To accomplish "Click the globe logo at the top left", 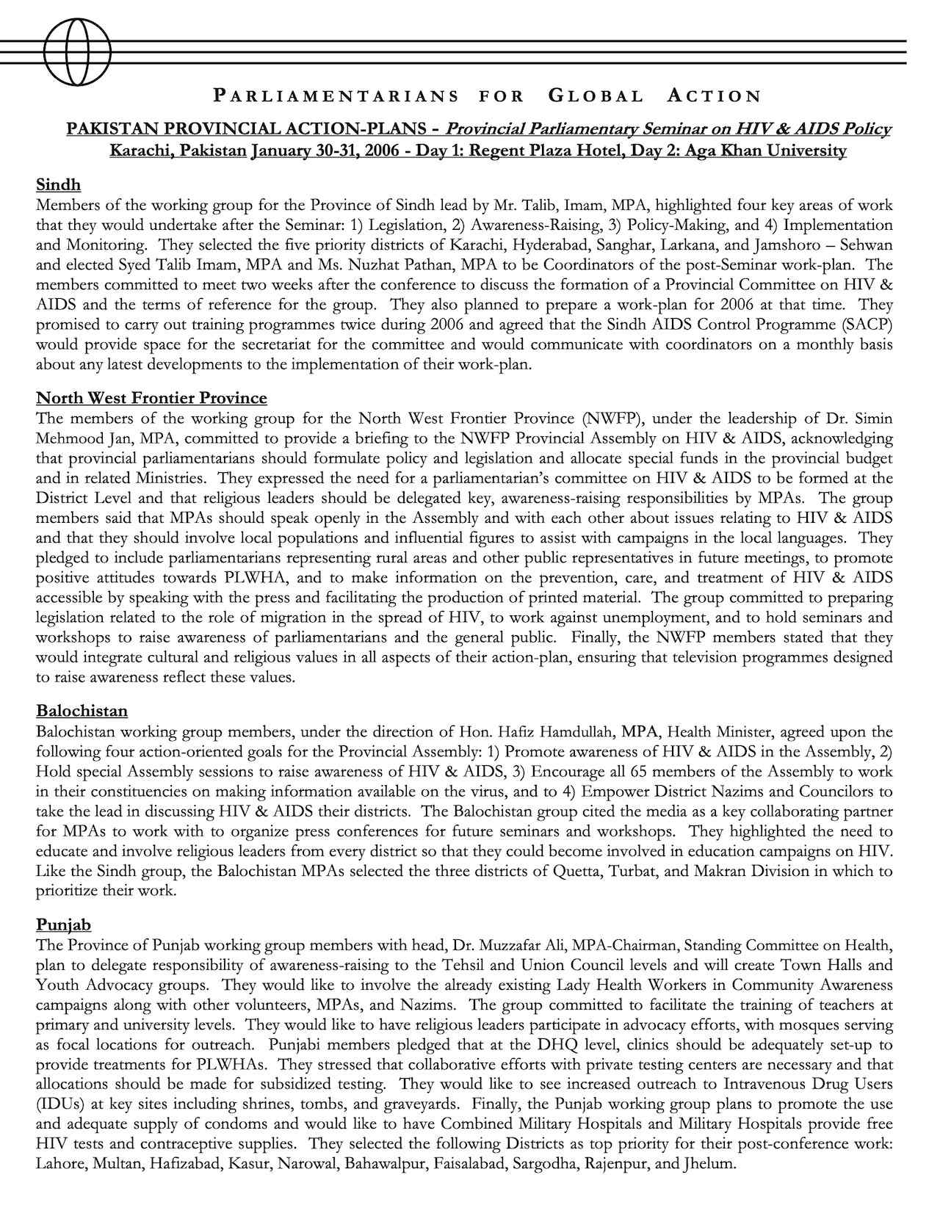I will (x=78, y=52).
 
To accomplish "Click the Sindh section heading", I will (x=58, y=185).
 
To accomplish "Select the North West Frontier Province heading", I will (x=151, y=398).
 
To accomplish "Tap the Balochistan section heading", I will (x=82, y=711).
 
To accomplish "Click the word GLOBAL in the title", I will (x=596, y=95).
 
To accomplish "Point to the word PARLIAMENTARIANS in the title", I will (x=336, y=95).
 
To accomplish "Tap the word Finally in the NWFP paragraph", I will (x=598, y=637).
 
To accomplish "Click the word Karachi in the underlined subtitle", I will (x=137, y=151).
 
